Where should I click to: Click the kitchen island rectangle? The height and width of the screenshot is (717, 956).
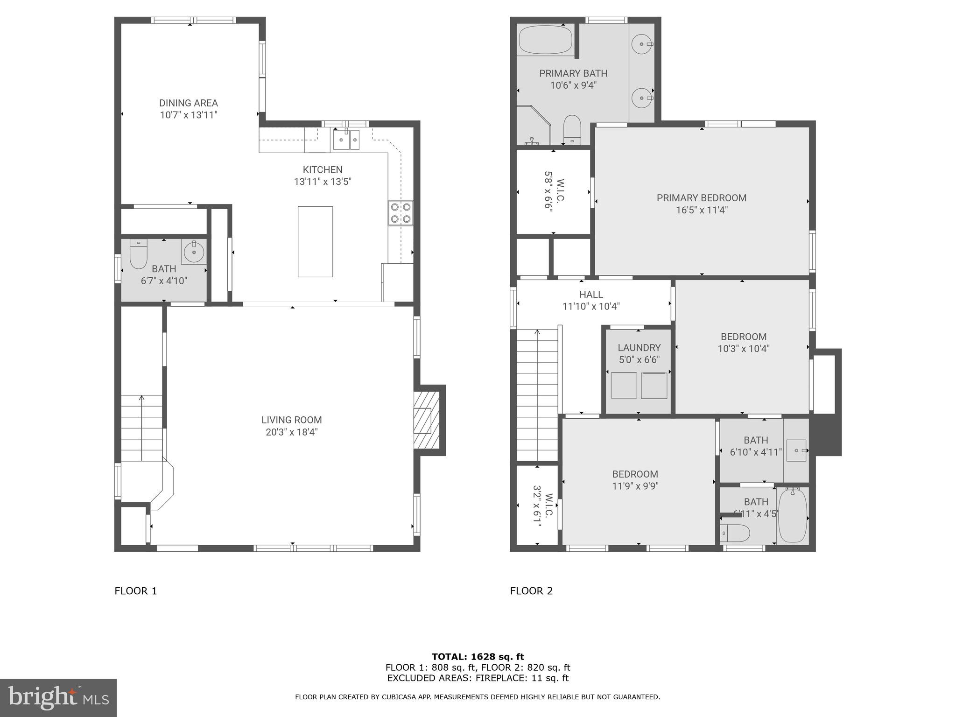point(315,241)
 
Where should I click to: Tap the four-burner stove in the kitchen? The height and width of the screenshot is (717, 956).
point(401,212)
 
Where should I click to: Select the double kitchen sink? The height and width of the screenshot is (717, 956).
point(346,140)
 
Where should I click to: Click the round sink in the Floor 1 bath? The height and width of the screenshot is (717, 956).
point(194,253)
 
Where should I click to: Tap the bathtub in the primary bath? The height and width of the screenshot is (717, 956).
point(545,40)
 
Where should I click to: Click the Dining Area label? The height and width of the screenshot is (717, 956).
point(189,103)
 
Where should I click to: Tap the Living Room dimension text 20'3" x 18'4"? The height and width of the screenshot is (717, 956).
point(292,432)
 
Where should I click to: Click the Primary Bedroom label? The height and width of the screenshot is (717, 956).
point(701,198)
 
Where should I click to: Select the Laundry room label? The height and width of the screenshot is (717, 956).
point(639,348)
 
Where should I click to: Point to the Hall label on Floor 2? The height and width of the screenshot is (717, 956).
point(591,295)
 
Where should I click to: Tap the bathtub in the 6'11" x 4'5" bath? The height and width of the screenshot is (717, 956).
point(792,515)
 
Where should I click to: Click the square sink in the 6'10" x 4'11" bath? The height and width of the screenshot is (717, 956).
point(796,450)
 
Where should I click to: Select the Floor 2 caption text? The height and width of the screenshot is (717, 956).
point(531,591)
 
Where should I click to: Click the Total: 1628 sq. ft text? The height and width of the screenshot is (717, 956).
point(478,657)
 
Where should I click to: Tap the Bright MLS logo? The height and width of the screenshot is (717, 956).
point(58,698)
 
